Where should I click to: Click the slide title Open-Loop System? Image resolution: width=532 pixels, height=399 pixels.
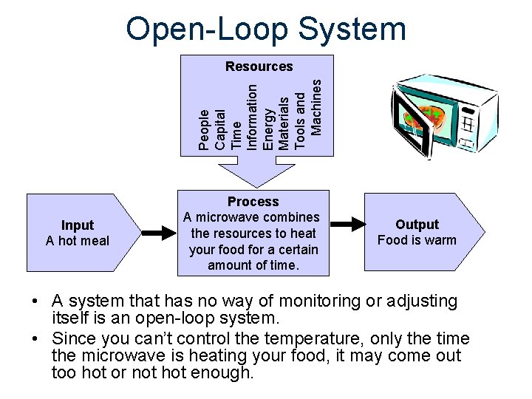[x=266, y=30]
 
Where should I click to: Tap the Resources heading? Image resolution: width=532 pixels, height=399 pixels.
[x=259, y=66]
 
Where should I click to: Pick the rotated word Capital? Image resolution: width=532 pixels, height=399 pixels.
[x=220, y=129]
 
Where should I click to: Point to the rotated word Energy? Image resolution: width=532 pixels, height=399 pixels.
[x=268, y=128]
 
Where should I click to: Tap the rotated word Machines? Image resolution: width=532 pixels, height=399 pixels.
[x=316, y=107]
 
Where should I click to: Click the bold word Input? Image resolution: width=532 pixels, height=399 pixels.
[x=78, y=225]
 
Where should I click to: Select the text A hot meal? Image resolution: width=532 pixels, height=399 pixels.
[x=78, y=241]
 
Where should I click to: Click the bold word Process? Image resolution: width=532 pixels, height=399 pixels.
[x=253, y=202]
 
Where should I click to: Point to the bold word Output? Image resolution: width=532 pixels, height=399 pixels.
[x=417, y=225]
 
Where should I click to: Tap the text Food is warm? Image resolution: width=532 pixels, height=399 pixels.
[x=417, y=240]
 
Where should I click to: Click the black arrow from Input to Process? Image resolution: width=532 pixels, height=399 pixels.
[x=157, y=233]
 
